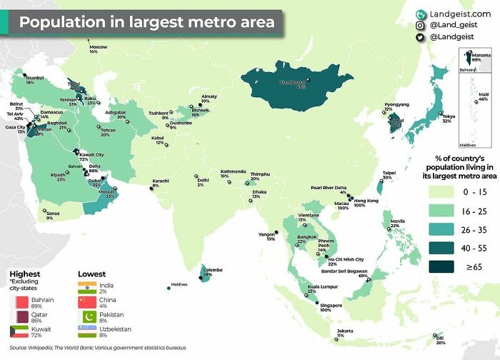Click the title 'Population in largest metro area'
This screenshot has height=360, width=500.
[x=146, y=22]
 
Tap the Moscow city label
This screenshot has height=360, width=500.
[x=98, y=47]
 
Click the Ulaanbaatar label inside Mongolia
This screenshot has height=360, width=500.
[x=291, y=82]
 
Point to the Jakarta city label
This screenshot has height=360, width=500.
[x=345, y=332]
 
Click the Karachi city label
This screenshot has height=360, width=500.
[x=160, y=181]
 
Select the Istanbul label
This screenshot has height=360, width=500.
[x=35, y=78]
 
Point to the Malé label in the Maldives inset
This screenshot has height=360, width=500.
[x=483, y=96]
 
